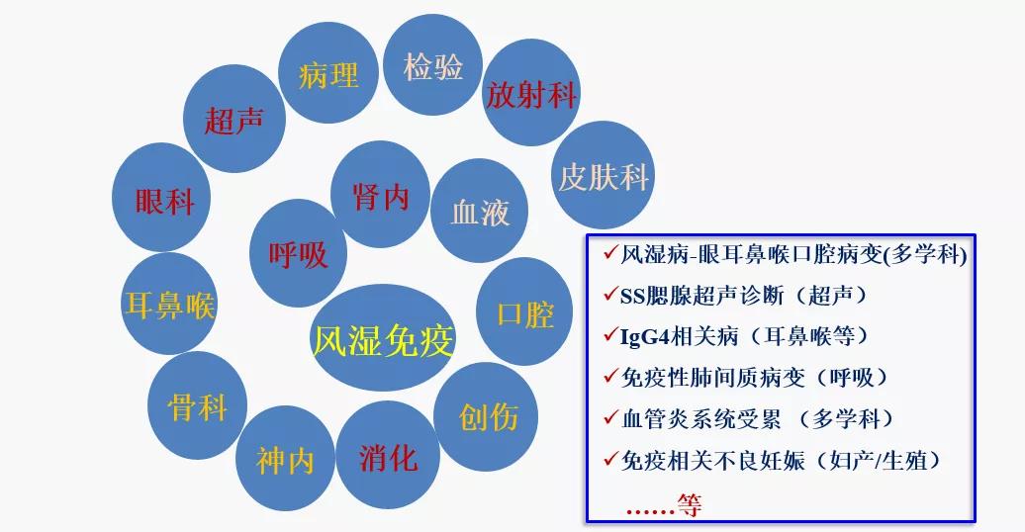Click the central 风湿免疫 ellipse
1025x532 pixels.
click(382, 339)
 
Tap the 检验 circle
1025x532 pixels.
click(432, 66)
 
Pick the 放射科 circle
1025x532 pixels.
click(531, 94)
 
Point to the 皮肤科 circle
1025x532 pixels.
click(603, 176)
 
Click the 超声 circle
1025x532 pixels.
click(233, 120)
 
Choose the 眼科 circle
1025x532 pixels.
click(164, 200)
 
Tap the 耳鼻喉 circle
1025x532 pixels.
click(169, 304)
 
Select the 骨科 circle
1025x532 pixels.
click(198, 405)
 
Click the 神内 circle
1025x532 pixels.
click(285, 460)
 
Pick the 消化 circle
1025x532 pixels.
click(388, 456)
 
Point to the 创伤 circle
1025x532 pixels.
click(488, 415)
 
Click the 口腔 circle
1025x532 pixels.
click(525, 312)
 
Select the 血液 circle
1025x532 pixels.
click(480, 211)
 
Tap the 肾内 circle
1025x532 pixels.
click(380, 195)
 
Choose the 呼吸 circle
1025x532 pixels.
click(298, 253)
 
